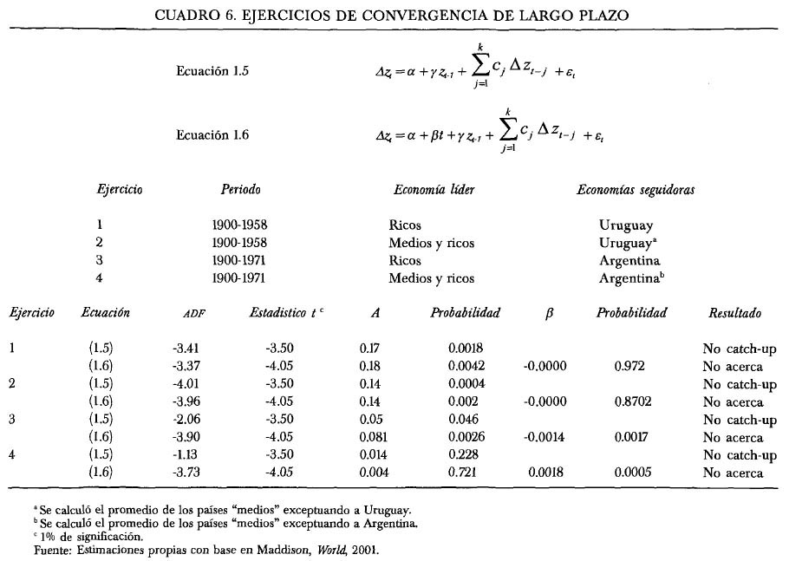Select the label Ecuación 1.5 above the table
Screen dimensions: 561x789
click(x=212, y=72)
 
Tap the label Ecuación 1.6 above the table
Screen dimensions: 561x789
click(x=212, y=135)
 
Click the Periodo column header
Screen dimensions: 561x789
click(x=240, y=189)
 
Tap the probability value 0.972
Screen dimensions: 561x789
click(x=629, y=367)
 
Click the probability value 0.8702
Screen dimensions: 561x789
click(x=629, y=402)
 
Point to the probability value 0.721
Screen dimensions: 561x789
click(x=465, y=473)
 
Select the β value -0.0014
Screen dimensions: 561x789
click(x=544, y=437)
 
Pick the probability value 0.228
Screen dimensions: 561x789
click(x=465, y=455)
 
